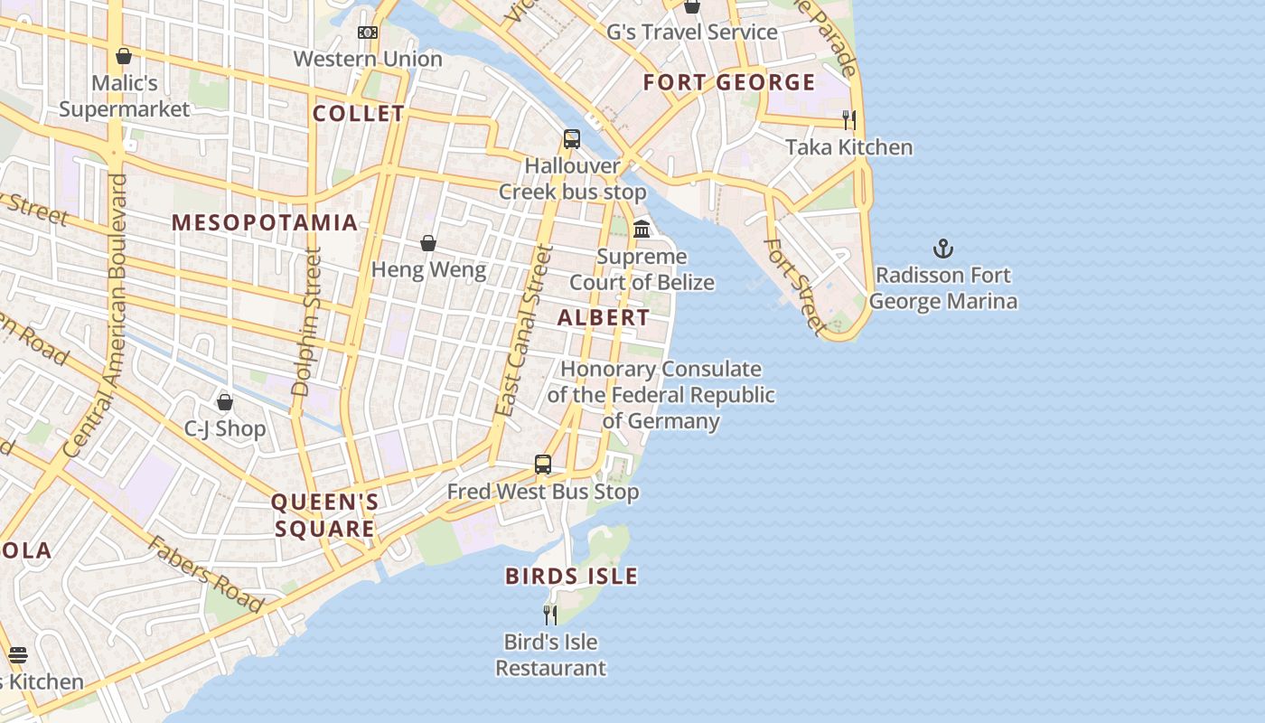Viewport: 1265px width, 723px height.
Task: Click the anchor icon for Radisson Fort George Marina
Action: pyautogui.click(x=943, y=248)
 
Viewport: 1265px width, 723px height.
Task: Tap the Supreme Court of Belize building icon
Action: pyautogui.click(x=642, y=229)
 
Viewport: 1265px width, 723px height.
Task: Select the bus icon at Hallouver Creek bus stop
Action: pyautogui.click(x=571, y=139)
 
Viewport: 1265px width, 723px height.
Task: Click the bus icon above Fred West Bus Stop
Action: pyautogui.click(x=542, y=465)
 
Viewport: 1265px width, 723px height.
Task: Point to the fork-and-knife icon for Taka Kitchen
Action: pyautogui.click(x=848, y=119)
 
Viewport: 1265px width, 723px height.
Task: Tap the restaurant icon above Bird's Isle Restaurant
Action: pyautogui.click(x=549, y=615)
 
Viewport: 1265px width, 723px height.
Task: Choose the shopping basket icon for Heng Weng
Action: pyautogui.click(x=428, y=243)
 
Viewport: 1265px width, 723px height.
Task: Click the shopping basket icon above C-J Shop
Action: pyautogui.click(x=225, y=402)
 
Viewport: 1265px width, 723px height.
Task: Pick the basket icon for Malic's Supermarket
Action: pyautogui.click(x=124, y=56)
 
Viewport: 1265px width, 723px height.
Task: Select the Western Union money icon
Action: pyautogui.click(x=367, y=33)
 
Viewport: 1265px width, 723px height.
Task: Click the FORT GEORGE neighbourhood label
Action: pyautogui.click(x=729, y=83)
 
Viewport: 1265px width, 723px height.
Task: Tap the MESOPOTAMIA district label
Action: pyautogui.click(x=265, y=222)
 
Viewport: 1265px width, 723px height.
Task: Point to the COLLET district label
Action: pyautogui.click(x=359, y=114)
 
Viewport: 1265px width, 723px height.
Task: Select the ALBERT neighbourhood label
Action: pyautogui.click(x=603, y=318)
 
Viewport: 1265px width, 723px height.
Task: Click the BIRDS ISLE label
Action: pyautogui.click(x=571, y=576)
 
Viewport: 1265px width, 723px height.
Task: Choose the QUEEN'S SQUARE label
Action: pyautogui.click(x=324, y=515)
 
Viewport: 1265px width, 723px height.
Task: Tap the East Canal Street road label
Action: pyautogui.click(x=523, y=331)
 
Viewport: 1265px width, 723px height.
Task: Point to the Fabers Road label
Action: pyautogui.click(x=206, y=574)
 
